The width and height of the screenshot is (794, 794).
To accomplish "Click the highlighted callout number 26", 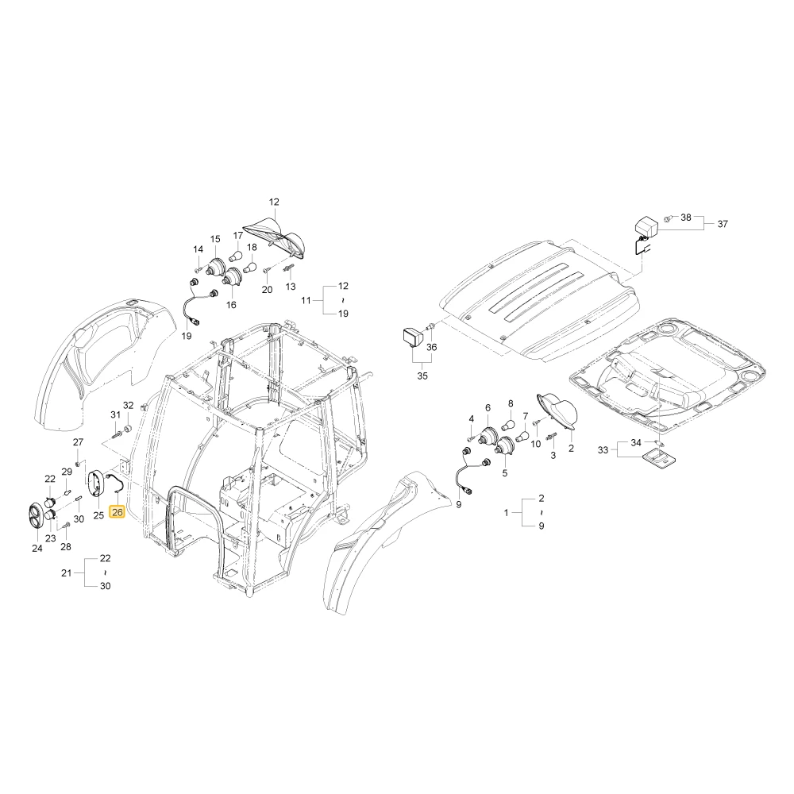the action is tap(117, 512).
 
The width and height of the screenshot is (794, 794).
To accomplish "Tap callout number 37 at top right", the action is tap(723, 224).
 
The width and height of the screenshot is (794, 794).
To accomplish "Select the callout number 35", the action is tap(422, 376).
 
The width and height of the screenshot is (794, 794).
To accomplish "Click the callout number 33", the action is tap(603, 449).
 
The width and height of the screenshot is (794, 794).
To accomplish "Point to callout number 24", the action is tap(37, 549).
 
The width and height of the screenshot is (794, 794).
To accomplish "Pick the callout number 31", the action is tap(115, 414).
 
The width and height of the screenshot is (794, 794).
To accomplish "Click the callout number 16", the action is tap(231, 305).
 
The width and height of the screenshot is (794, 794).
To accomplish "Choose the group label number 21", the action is tap(67, 572).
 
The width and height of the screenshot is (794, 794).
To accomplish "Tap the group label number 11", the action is tap(306, 300).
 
